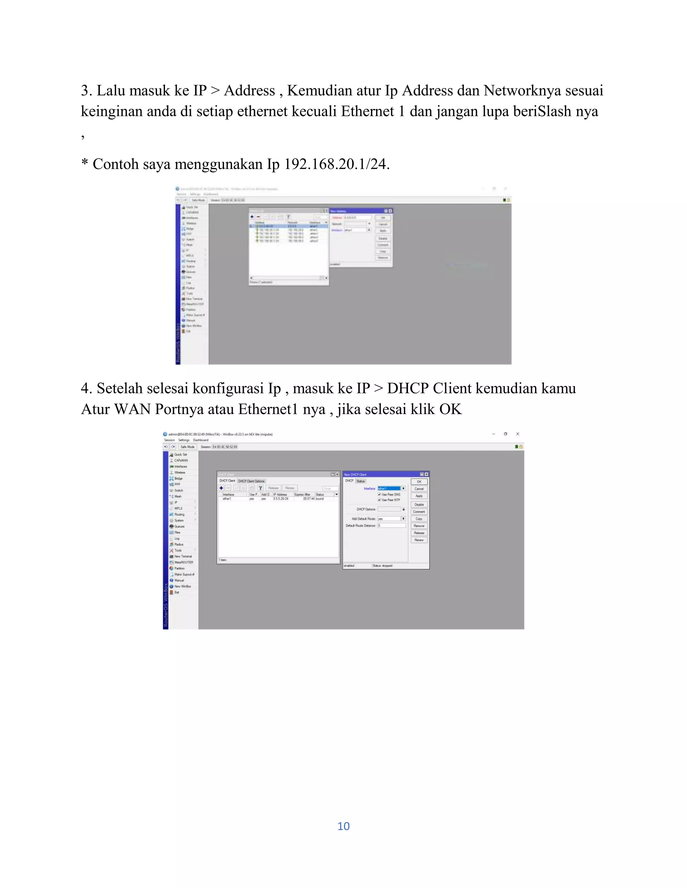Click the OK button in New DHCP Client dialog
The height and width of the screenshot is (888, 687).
[x=419, y=482]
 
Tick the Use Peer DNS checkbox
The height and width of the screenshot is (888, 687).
[x=379, y=494]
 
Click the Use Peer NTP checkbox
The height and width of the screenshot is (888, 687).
[x=379, y=500]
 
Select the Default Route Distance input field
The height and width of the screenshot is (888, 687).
[x=391, y=525]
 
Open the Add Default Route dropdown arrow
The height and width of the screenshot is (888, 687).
[x=403, y=518]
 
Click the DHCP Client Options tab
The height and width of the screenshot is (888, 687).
[x=251, y=481]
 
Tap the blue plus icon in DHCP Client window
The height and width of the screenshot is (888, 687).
[x=221, y=488]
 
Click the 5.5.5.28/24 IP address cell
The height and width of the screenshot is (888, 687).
[x=281, y=499]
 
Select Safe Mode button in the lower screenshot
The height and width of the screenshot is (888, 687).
[x=187, y=446]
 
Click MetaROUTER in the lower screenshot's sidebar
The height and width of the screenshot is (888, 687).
[x=183, y=562]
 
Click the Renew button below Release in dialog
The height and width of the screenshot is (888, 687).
[x=419, y=540]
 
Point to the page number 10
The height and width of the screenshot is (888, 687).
[x=343, y=826]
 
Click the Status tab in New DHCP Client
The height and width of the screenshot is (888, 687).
[x=361, y=481]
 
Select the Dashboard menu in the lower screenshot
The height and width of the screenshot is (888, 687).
[x=201, y=440]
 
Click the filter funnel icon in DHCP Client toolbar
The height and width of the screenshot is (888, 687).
[x=260, y=488]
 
